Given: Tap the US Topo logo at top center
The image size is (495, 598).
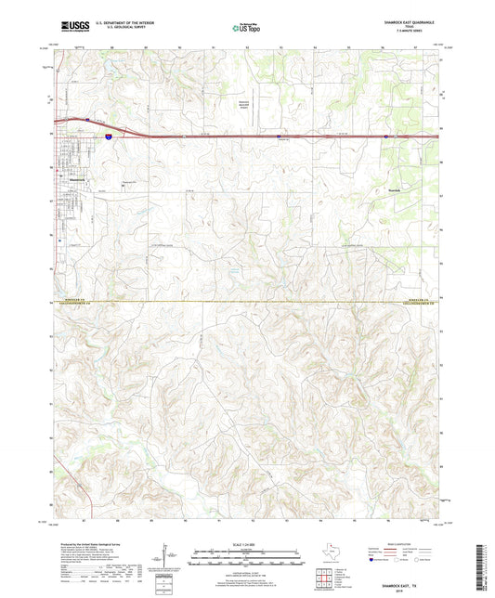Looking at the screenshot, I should tap(245, 29).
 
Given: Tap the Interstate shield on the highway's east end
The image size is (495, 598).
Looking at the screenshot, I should tap(385, 136).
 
